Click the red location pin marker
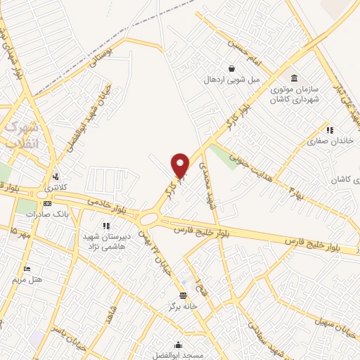(181, 165)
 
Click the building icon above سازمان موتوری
(292, 77)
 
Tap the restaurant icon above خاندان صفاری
(329, 129)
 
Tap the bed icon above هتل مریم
(27, 269)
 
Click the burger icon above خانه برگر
(184, 295)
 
